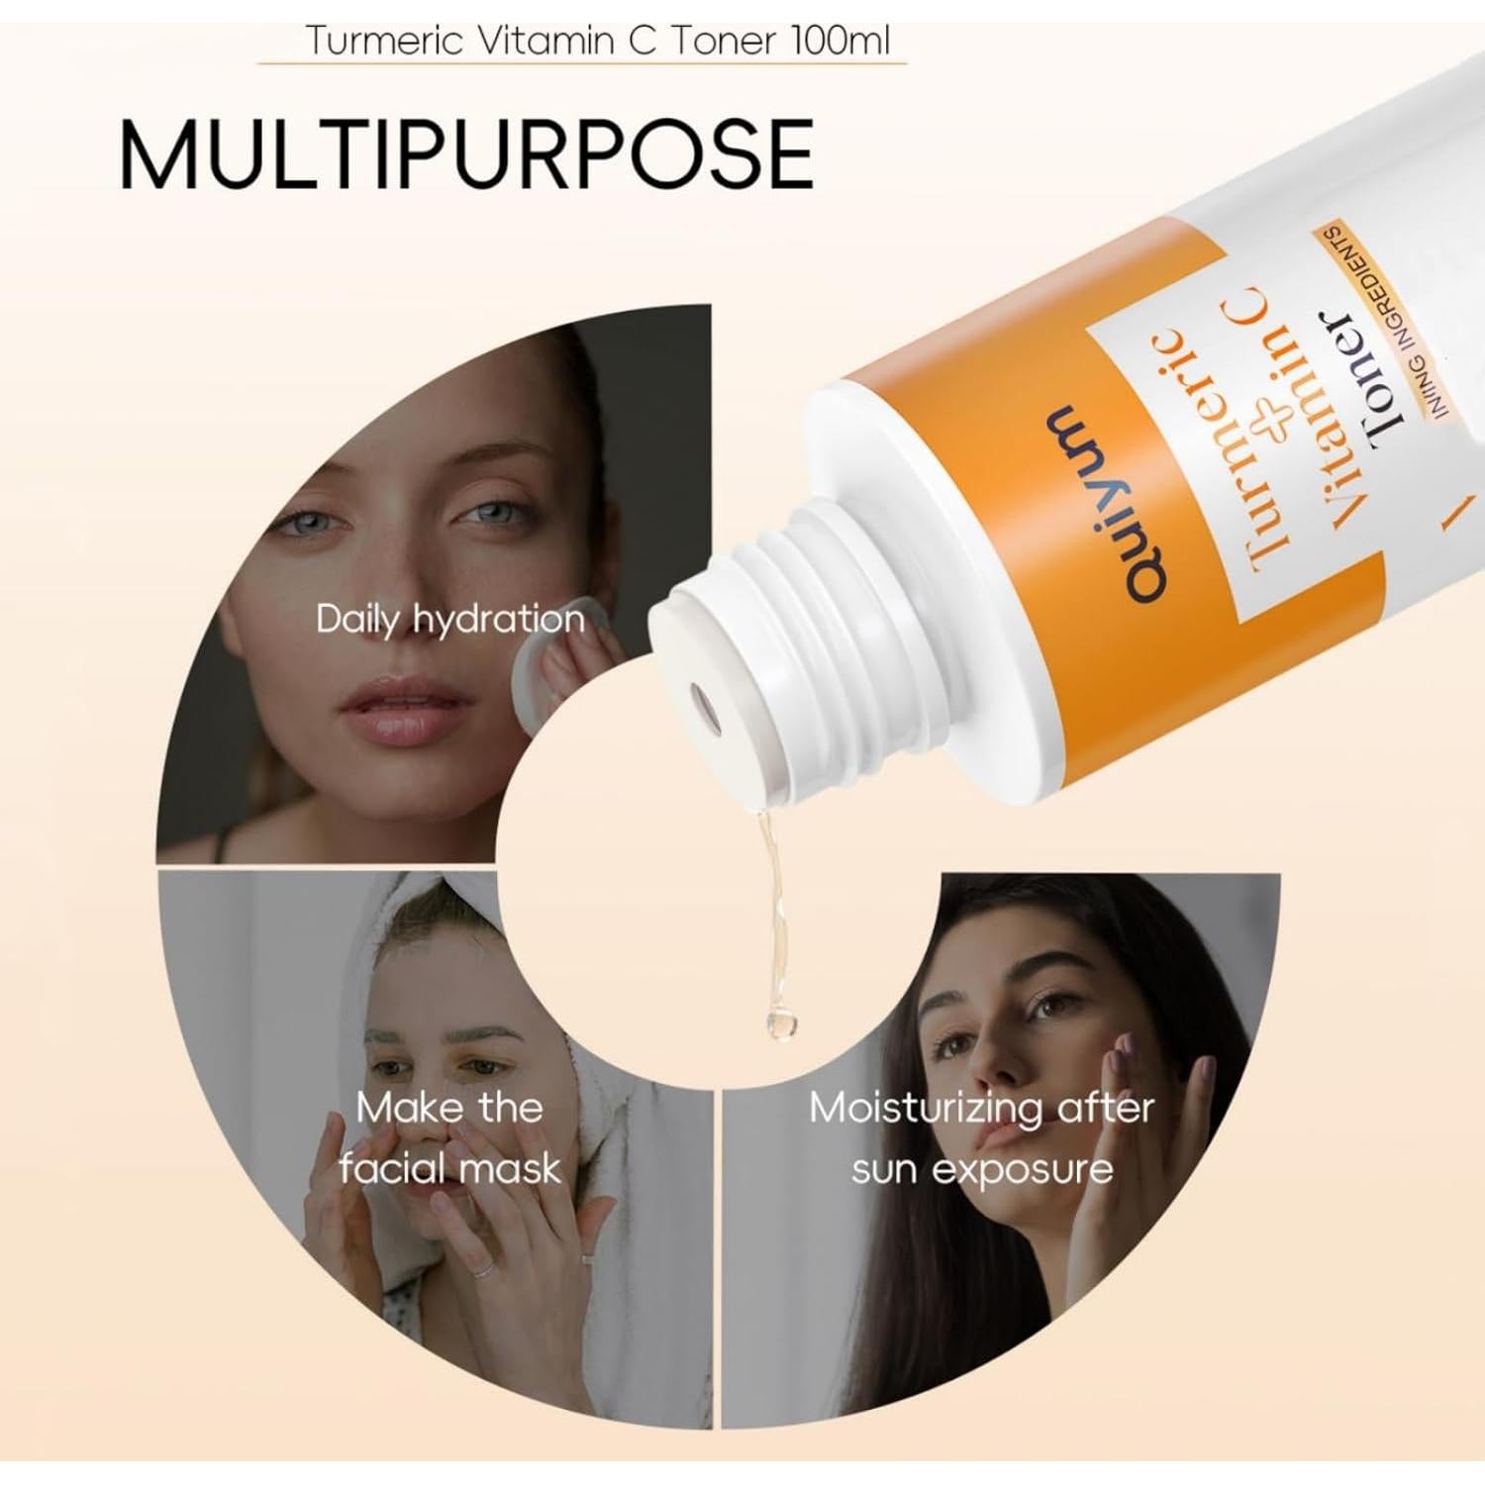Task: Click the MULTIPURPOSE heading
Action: click(x=465, y=153)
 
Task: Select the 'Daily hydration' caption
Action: click(x=450, y=620)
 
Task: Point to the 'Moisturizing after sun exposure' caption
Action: click(x=981, y=1138)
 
